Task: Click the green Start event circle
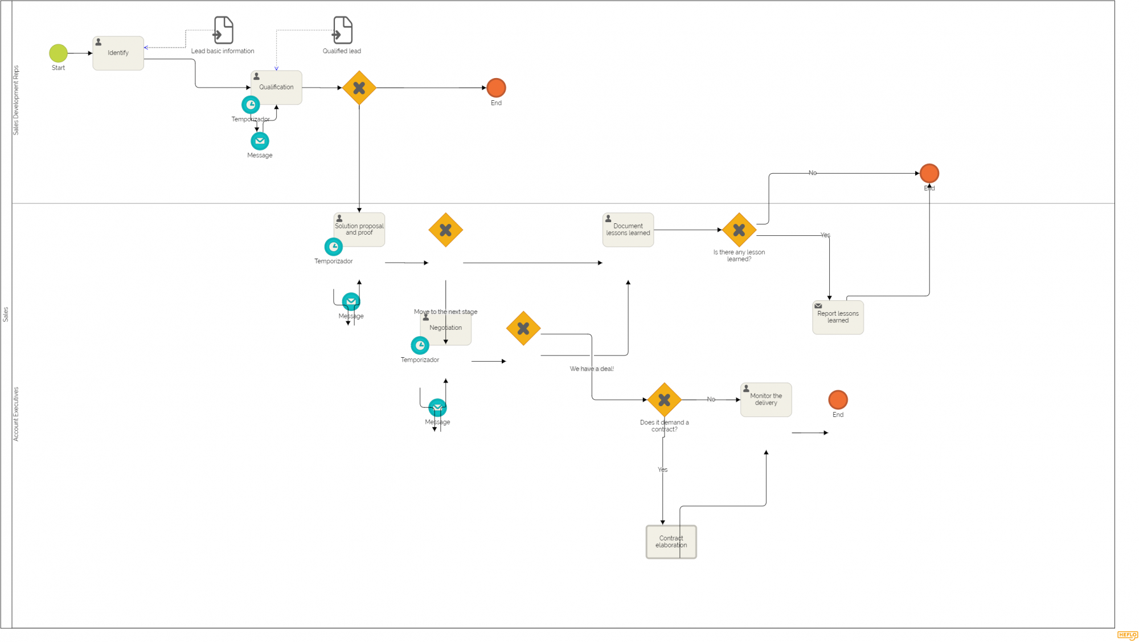[58, 53]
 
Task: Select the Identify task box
[118, 53]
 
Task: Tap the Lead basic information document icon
[223, 30]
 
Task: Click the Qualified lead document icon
[342, 30]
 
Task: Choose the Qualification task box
[276, 87]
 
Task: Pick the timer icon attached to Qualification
[251, 105]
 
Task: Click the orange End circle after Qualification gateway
[496, 88]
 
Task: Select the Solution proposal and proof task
[359, 230]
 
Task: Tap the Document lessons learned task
[628, 230]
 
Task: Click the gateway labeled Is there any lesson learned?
[739, 230]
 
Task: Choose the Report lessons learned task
[838, 317]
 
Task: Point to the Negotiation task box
[446, 329]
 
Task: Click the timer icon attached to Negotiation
[420, 345]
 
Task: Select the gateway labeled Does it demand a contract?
[664, 400]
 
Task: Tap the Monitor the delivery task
[765, 399]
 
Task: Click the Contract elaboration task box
[671, 542]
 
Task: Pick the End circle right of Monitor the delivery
[838, 400]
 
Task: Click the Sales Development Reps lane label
[16, 100]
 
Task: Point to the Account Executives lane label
[16, 414]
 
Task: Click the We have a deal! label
[592, 369]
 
